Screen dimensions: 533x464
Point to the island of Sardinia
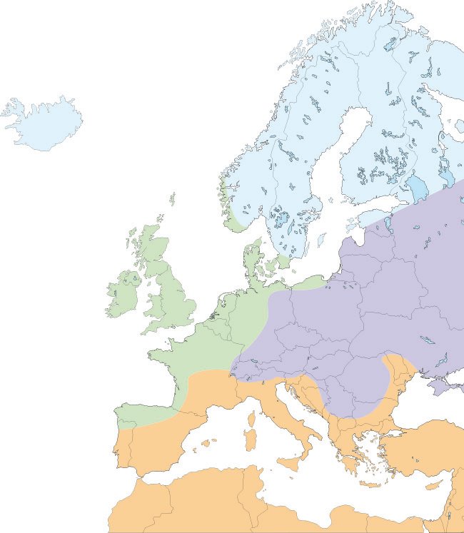click(x=249, y=438)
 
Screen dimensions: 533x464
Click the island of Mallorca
click(x=206, y=443)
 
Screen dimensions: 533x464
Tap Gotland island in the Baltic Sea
click(x=321, y=240)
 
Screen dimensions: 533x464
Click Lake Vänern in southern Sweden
click(x=279, y=218)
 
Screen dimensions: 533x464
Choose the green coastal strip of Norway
click(x=233, y=214)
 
